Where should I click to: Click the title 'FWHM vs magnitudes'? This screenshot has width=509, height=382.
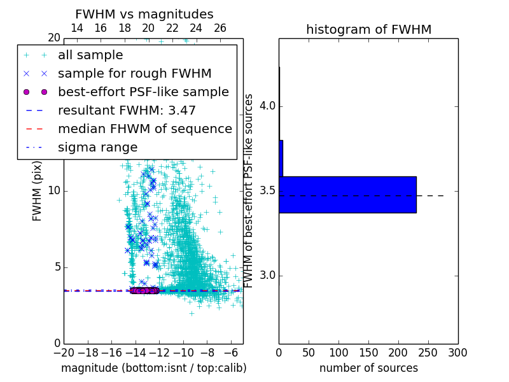144,14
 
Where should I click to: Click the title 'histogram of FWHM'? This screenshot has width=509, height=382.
368,29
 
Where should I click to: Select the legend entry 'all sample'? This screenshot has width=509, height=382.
90,55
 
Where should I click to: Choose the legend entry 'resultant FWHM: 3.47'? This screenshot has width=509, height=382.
127,110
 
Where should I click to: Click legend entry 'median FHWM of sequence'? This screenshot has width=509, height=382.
144,129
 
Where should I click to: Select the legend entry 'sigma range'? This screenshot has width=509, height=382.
97,147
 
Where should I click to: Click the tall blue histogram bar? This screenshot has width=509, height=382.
347,194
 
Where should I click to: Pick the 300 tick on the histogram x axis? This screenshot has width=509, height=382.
457,352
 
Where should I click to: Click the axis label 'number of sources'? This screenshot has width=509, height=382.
368,368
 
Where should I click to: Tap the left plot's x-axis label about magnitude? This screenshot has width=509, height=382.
153,368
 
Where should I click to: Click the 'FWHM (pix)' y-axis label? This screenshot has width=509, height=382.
37,190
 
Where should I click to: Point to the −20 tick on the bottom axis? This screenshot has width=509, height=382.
64,352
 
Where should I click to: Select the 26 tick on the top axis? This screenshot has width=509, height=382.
220,28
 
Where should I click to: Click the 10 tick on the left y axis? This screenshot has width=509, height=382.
54,191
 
